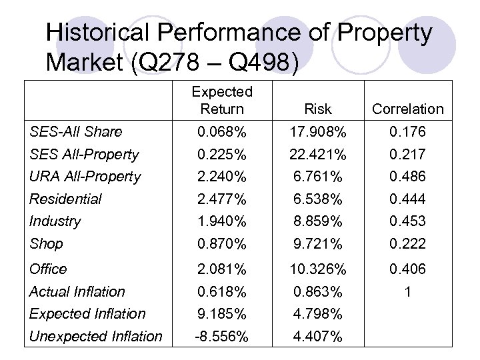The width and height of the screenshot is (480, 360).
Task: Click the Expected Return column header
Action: (x=222, y=100)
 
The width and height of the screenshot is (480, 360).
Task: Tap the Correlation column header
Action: (x=407, y=109)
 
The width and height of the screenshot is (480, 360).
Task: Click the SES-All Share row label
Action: (x=75, y=131)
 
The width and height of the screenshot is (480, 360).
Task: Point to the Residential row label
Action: (x=65, y=199)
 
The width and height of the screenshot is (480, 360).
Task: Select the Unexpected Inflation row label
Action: (x=95, y=337)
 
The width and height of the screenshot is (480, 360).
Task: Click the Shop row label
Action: (x=46, y=244)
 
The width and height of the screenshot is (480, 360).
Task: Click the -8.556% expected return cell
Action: (x=222, y=337)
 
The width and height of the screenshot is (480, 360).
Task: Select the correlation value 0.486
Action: (x=407, y=177)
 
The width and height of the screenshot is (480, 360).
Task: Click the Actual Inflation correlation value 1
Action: (x=407, y=291)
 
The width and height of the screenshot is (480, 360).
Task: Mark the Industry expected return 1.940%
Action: (x=222, y=221)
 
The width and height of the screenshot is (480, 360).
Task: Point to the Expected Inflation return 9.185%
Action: (x=222, y=313)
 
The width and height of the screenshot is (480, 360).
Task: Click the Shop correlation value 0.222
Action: (x=407, y=244)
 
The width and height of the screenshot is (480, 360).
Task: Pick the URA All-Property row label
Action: (x=85, y=177)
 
